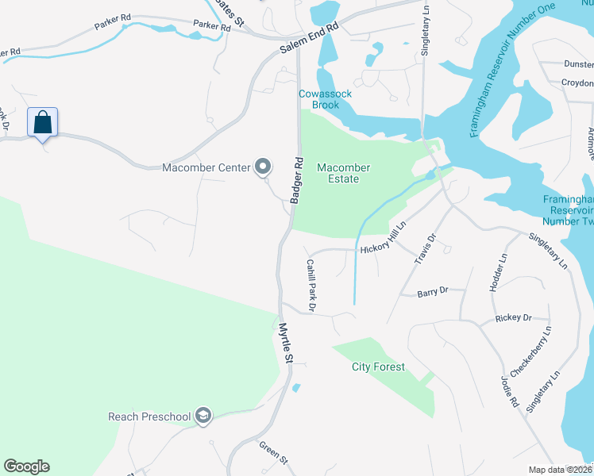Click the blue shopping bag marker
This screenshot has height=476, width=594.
point(43,123)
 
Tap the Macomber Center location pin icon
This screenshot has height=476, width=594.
point(263,167)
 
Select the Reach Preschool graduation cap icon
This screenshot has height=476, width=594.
point(203,416)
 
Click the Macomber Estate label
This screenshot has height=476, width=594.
point(343,173)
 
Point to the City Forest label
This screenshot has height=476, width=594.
point(378,367)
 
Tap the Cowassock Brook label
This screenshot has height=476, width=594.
point(325,99)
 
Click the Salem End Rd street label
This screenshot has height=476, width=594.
point(309,37)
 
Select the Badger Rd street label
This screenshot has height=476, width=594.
point(297,179)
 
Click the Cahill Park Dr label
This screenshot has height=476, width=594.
point(311,284)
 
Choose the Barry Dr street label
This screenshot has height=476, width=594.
point(433,293)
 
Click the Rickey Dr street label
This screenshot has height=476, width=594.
point(513,318)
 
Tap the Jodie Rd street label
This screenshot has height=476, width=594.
point(509,390)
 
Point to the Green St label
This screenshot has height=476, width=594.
point(272,452)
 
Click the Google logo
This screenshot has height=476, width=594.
point(26,466)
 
